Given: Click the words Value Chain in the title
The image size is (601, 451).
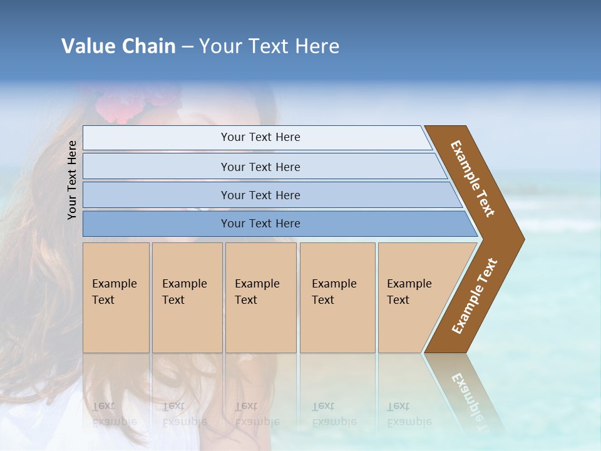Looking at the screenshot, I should pyautogui.click(x=118, y=46).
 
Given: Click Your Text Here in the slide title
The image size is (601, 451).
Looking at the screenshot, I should pyautogui.click(x=269, y=46).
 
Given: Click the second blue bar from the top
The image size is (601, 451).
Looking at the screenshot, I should pyautogui.click(x=260, y=167).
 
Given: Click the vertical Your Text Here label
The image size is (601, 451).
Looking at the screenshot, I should pyautogui.click(x=72, y=180).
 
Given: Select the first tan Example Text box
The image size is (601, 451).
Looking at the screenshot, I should pyautogui.click(x=116, y=298).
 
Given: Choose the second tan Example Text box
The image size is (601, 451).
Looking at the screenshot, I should pyautogui.click(x=187, y=298).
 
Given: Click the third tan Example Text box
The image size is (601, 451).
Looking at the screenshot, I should pyautogui.click(x=260, y=298).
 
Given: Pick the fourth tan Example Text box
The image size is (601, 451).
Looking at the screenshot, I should pyautogui.click(x=337, y=298).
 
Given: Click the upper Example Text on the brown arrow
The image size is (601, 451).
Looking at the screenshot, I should pyautogui.click(x=473, y=179).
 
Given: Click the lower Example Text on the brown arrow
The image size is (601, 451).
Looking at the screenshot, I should pyautogui.click(x=475, y=296).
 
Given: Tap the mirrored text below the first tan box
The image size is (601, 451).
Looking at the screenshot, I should pyautogui.click(x=115, y=413).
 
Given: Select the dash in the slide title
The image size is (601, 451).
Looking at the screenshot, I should pyautogui.click(x=187, y=46).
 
